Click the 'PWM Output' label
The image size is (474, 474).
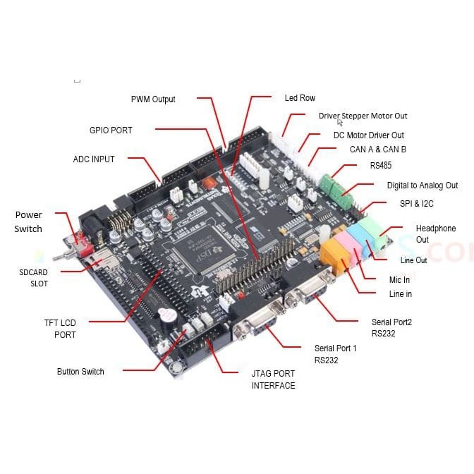coord(153,99)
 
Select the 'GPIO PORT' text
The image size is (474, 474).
coord(111,130)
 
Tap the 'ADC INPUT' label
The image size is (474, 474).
coord(94,159)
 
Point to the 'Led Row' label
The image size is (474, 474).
coord(300,98)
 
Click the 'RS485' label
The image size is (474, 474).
coord(381,165)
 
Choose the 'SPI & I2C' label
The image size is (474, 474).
coord(417,204)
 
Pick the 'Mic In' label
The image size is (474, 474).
coord(399,280)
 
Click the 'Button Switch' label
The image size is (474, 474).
coord(80,372)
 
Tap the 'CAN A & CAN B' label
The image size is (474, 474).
coord(378,150)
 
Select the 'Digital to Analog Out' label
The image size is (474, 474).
coord(423,186)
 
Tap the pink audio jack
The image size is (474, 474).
coord(351,245)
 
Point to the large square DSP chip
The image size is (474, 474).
coord(203,250)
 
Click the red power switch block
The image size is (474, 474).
coord(85,244)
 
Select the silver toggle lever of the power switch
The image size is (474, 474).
coord(63,256)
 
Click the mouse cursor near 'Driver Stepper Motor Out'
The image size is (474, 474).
coord(340,123)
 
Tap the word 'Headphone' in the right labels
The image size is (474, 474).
coord(436,229)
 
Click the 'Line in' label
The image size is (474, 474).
coord(400,294)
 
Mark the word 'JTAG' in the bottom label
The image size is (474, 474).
coord(262,374)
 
